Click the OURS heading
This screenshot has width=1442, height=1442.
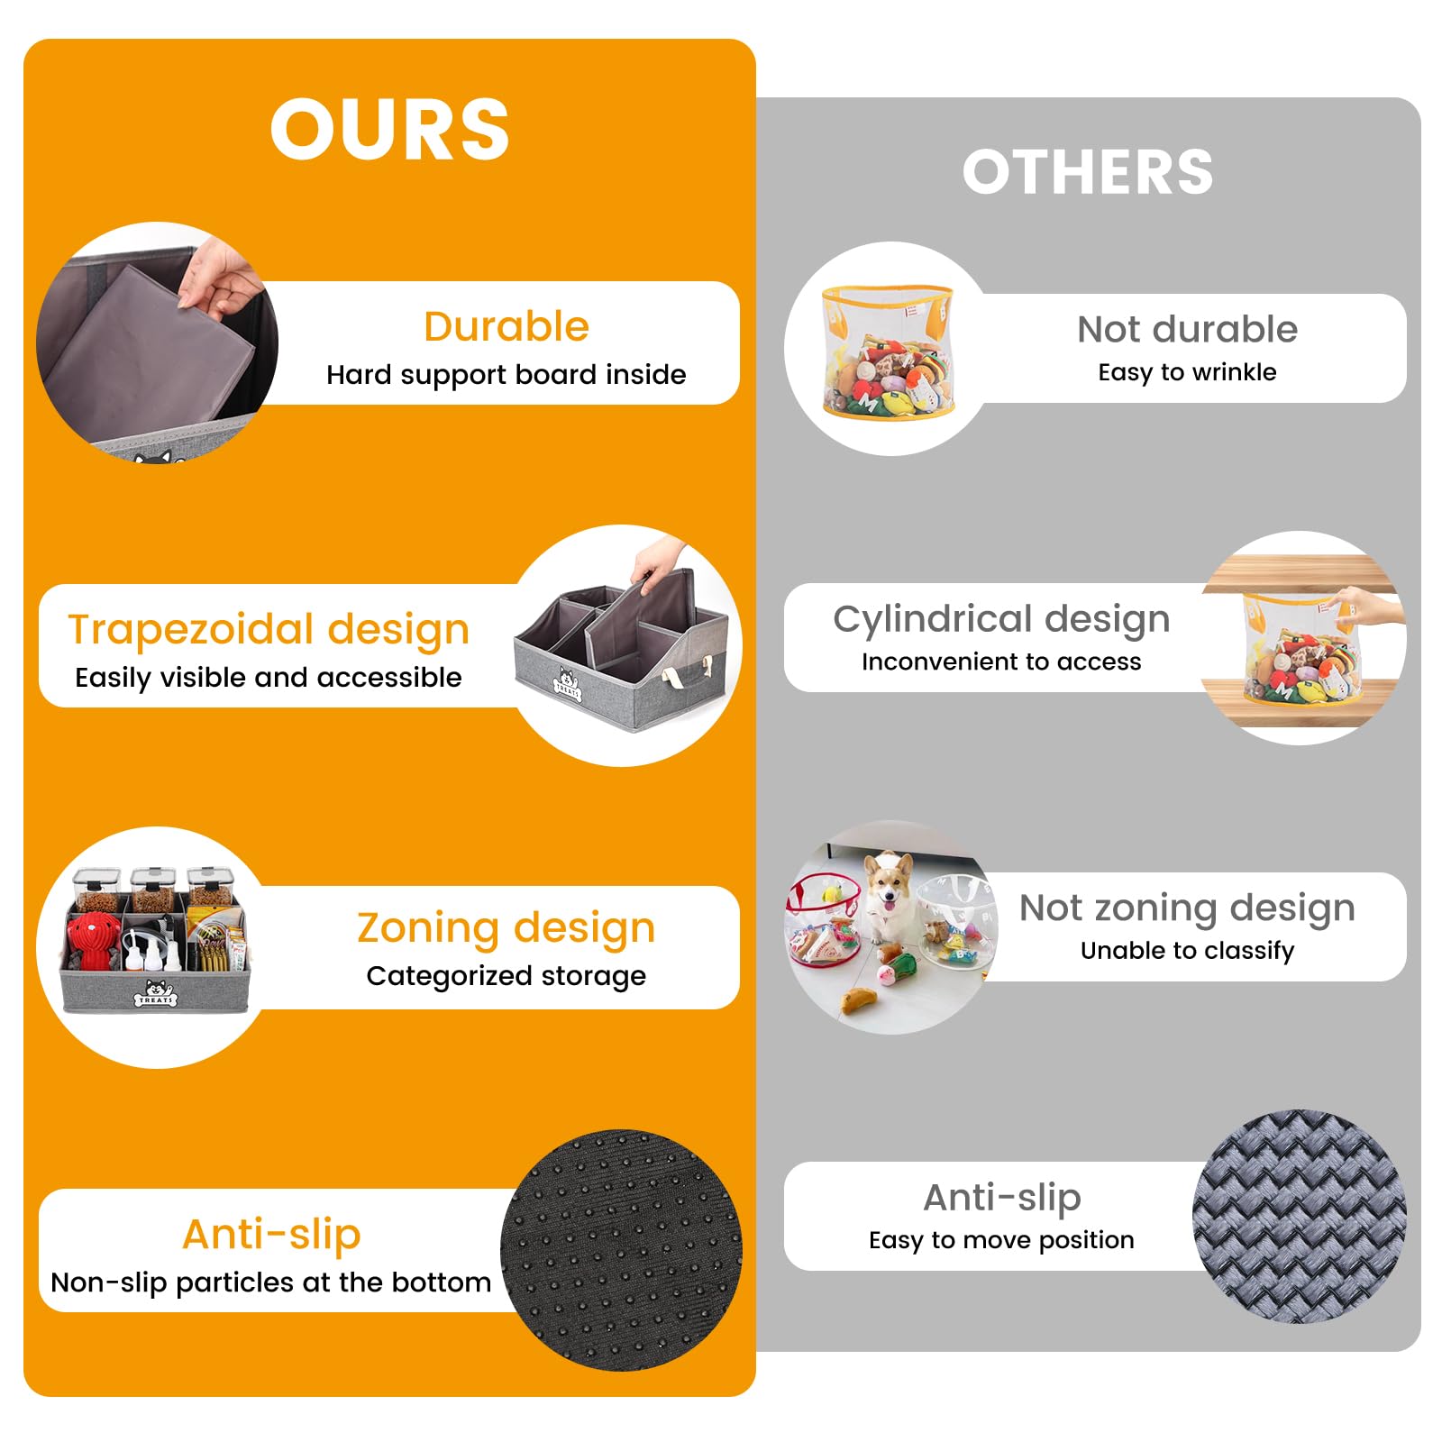tap(389, 129)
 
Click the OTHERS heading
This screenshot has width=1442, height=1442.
tap(1088, 171)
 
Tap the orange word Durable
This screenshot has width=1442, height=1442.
tap(507, 326)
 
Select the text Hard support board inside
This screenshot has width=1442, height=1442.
tap(507, 374)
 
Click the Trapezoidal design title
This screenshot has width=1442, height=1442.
tap(269, 630)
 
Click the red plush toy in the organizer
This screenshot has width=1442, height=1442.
tap(93, 939)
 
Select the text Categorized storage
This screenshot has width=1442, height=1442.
tap(507, 976)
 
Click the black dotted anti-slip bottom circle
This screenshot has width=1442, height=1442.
tap(621, 1249)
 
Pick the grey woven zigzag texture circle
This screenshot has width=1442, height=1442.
tap(1299, 1217)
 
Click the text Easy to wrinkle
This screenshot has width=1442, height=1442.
tap(1187, 372)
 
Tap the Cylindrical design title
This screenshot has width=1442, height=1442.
tap(1001, 619)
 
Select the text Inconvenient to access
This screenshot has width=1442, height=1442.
tap(1001, 662)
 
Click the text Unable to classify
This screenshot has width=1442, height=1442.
tap(1187, 951)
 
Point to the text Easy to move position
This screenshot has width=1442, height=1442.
tap(1001, 1240)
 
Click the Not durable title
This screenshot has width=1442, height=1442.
tap(1187, 330)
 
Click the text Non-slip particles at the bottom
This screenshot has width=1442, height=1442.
tap(271, 1282)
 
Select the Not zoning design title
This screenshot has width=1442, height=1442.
tap(1187, 908)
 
